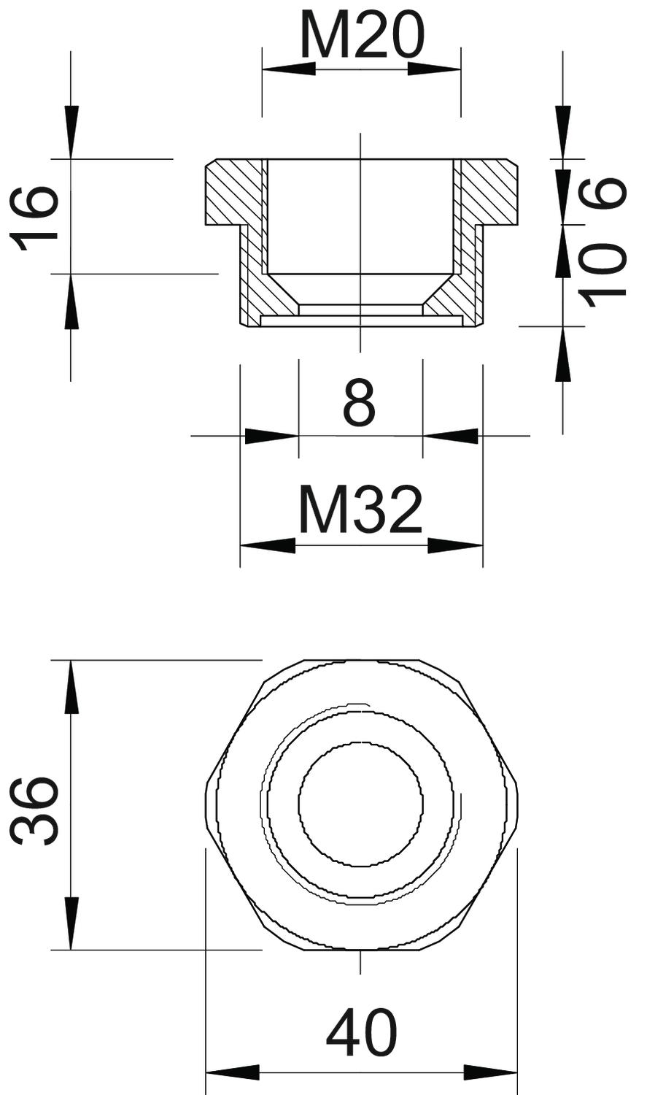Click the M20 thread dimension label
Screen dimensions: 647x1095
coord(362,35)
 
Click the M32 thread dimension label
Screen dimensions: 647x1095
coord(361,510)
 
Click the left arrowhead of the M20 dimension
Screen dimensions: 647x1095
coord(289,69)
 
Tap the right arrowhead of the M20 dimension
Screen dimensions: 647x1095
coord(434,69)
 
